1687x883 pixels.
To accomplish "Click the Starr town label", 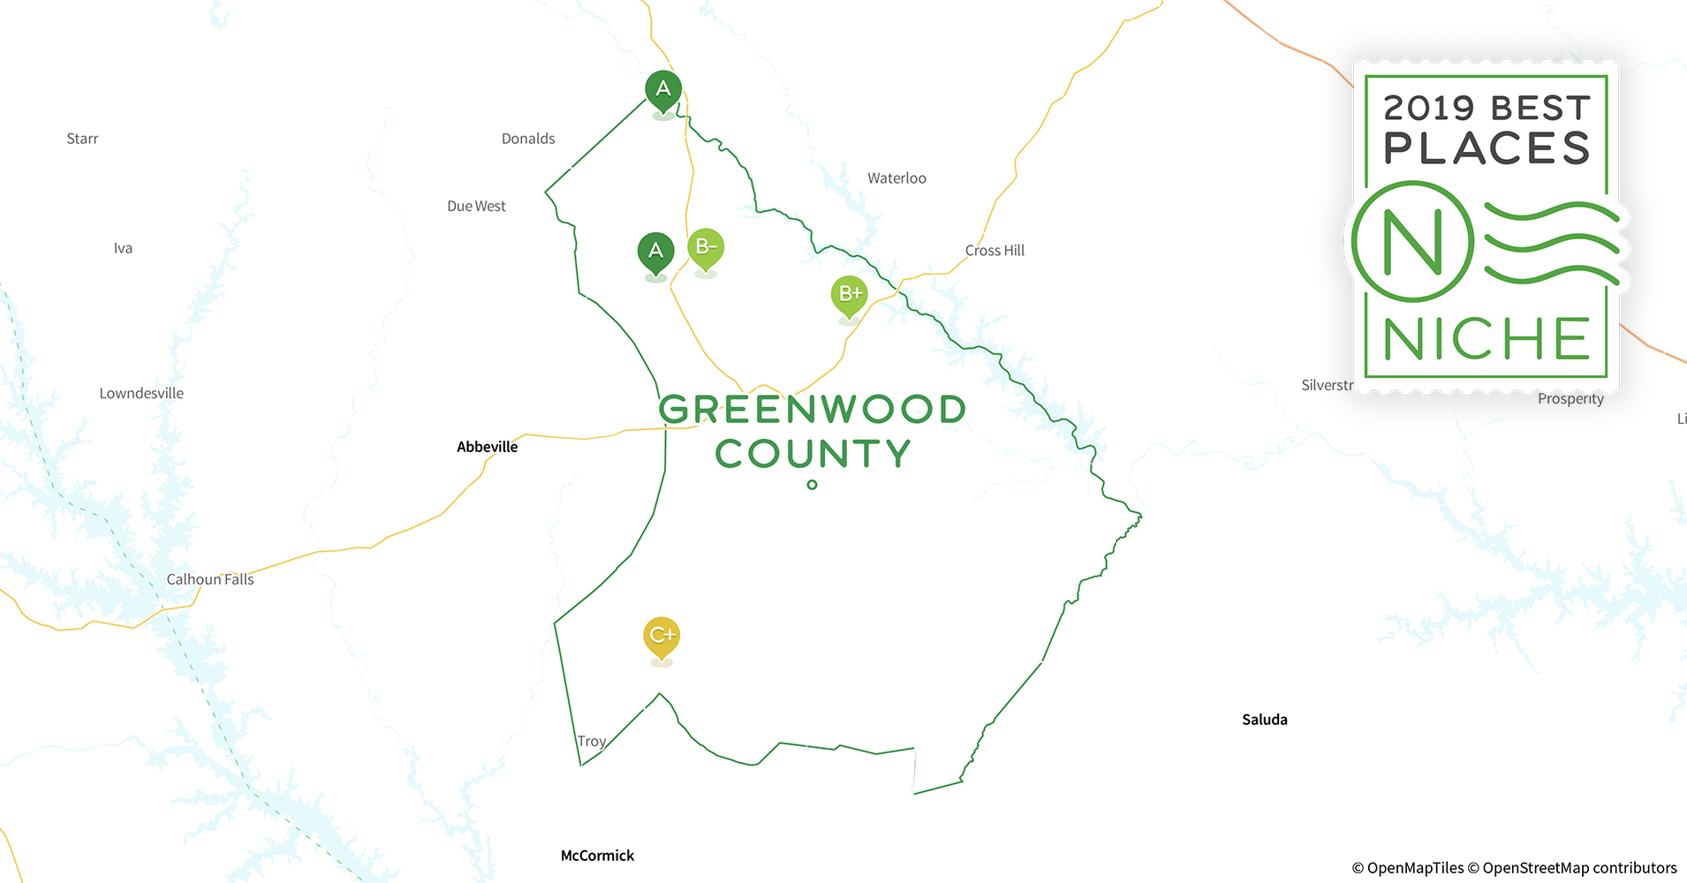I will coord(82,139).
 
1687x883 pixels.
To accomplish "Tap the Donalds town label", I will coord(528,139).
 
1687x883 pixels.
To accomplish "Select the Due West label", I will coord(476,206).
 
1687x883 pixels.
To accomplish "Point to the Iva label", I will coord(123,248).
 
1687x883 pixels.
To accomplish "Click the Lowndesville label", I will coord(141,393).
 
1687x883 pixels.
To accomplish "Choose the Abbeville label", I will coord(487,447).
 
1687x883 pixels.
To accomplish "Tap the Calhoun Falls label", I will coord(210,579).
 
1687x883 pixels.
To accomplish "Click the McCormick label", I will coord(597,855).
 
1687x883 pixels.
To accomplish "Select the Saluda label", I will coord(1264,720).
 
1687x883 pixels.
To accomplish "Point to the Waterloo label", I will coord(896,178).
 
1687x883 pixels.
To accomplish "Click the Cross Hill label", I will coord(995,251).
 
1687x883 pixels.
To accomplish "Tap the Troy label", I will coord(591,741).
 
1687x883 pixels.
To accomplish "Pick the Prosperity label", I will coord(1570,399).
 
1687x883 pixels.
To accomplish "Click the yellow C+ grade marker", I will coord(662,636).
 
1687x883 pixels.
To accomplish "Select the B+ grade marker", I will coord(850,294).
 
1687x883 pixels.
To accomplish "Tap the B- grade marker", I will coord(706,247).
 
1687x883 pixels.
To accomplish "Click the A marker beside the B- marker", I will coord(655,252).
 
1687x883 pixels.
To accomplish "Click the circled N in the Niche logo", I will coord(1412,242).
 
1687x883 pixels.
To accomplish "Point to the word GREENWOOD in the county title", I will coord(812,410).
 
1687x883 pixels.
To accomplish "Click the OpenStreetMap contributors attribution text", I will coord(1579,868).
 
